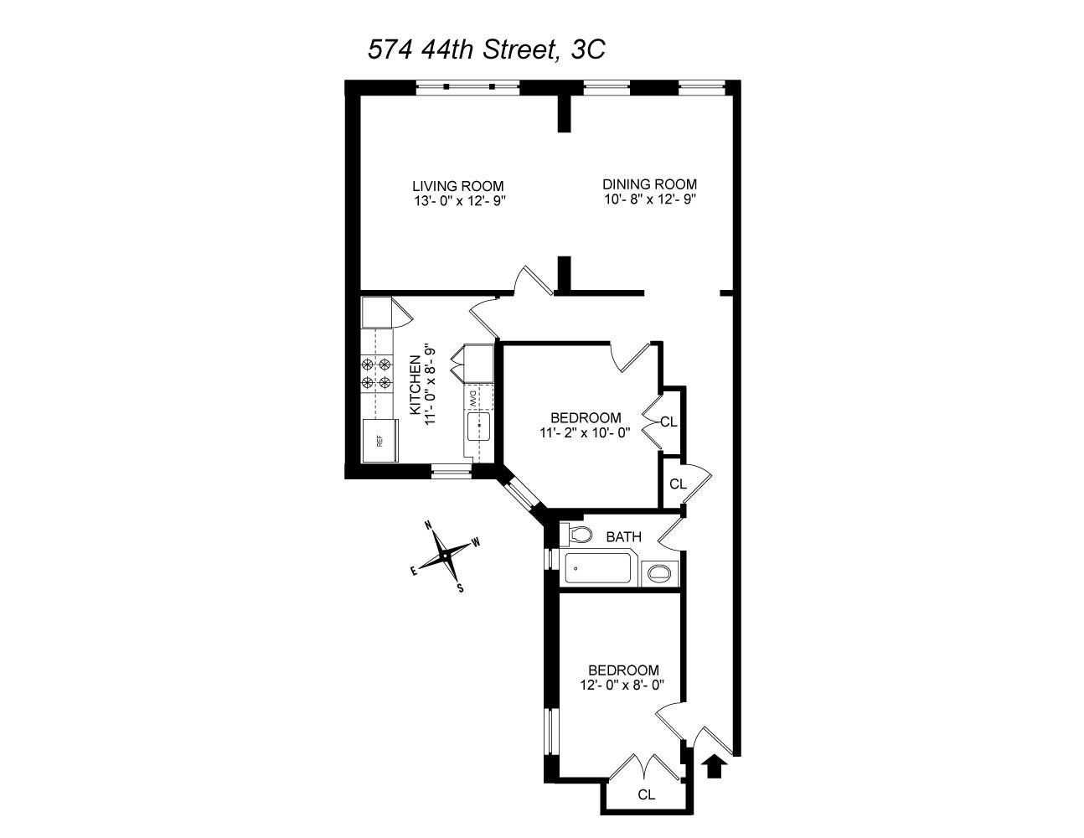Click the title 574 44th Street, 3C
pyautogui.click(x=486, y=49)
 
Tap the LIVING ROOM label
pyautogui.click(x=457, y=186)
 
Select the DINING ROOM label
pyautogui.click(x=649, y=184)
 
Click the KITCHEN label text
pyautogui.click(x=415, y=385)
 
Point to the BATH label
pyautogui.click(x=623, y=536)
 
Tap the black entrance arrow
pyautogui.click(x=714, y=766)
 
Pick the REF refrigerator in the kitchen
pyautogui.click(x=379, y=440)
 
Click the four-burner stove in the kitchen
pyautogui.click(x=376, y=374)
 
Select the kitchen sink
pyautogui.click(x=478, y=426)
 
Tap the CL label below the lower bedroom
pyautogui.click(x=646, y=794)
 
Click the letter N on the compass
pyautogui.click(x=428, y=525)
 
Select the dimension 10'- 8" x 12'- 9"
pyautogui.click(x=649, y=199)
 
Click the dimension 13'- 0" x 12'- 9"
pyautogui.click(x=459, y=200)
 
